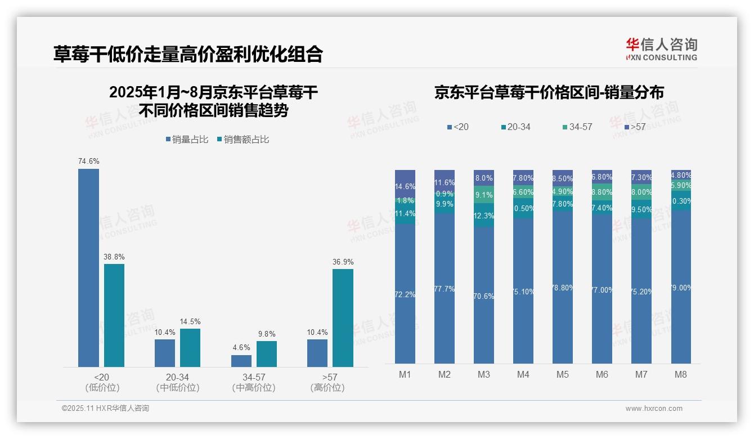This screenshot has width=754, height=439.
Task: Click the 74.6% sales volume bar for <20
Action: click(88, 268)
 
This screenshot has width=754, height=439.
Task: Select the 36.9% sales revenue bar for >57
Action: click(343, 318)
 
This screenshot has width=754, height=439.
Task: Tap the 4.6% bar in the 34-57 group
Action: click(241, 361)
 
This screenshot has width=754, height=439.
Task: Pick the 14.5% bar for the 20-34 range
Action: click(190, 348)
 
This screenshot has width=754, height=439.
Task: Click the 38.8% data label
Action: click(114, 257)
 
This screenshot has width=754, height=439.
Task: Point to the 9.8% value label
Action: click(267, 334)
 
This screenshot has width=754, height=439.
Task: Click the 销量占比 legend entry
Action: click(187, 140)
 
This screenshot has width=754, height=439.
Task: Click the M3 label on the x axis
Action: click(484, 375)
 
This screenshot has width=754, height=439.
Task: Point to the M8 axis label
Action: click(681, 375)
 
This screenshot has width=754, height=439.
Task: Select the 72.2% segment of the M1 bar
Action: click(405, 294)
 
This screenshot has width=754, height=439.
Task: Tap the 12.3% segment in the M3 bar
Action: click(484, 215)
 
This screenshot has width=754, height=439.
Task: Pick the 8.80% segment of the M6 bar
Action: click(602, 192)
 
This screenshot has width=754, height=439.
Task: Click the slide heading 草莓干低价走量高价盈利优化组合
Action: click(188, 54)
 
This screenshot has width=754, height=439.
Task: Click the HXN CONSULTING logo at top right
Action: click(661, 49)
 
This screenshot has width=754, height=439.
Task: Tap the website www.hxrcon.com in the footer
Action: click(654, 409)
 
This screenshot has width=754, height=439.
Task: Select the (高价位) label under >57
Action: click(327, 388)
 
